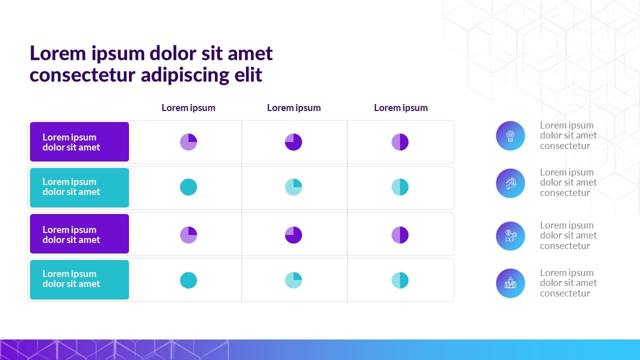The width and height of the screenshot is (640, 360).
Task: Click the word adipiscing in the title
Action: coord(185,75)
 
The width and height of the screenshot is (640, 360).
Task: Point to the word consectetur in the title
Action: coord(82,75)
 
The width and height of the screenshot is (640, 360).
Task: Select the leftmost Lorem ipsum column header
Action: coord(188,107)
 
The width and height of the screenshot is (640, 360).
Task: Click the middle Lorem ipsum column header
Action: coord(293,107)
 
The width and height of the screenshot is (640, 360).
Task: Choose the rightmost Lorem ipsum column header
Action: coord(400,107)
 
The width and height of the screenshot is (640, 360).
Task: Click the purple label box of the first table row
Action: coord(79,141)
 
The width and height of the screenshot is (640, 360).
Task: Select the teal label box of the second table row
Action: coord(79,187)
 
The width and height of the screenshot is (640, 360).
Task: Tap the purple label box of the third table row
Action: coord(79,233)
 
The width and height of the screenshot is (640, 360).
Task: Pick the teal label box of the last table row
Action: coord(79,279)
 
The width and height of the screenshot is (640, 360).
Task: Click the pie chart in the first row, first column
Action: coord(188,142)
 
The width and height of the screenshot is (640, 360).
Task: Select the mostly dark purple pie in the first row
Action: coord(293,142)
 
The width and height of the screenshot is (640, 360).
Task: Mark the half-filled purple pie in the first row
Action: coord(400,142)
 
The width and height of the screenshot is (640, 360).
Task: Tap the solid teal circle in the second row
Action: coord(188,187)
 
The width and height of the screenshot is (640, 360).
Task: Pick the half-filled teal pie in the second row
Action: coord(400,187)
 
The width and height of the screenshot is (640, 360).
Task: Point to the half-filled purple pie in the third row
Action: coord(400,235)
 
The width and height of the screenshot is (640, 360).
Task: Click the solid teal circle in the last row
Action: coord(188,280)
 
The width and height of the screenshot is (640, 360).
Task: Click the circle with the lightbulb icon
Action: coord(510,135)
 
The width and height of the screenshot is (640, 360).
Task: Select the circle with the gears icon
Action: coord(510,236)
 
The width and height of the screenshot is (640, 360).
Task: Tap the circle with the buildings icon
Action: coord(510,283)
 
